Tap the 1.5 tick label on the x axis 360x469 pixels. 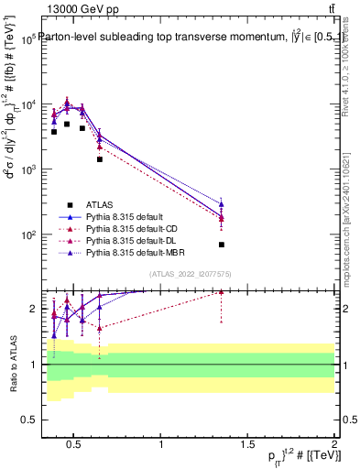click(x=247, y=445)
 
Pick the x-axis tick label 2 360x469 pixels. click(x=333, y=445)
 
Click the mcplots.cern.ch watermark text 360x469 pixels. click(x=348, y=220)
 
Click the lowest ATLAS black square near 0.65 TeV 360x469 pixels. click(x=100, y=159)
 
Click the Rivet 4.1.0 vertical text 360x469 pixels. click(x=348, y=73)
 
